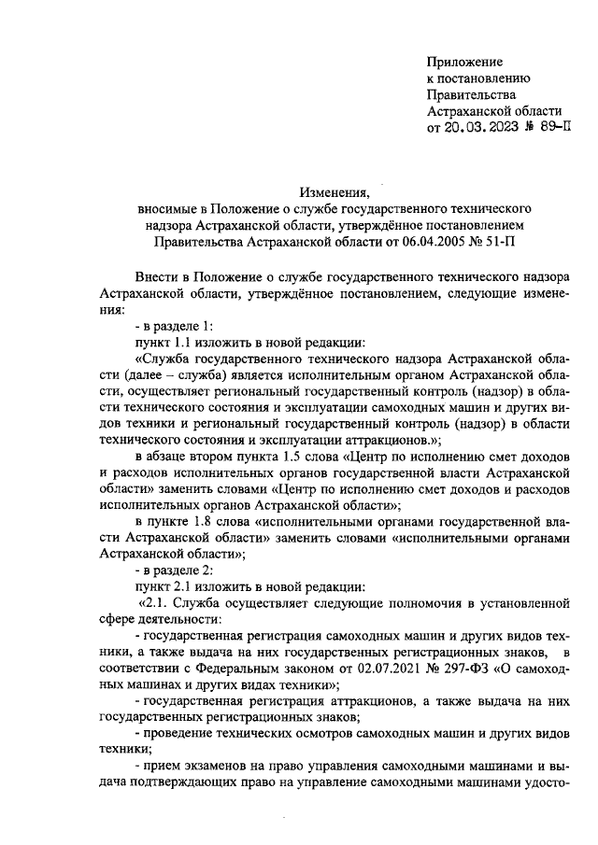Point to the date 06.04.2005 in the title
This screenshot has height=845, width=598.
(433, 242)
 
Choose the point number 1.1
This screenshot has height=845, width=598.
(185, 343)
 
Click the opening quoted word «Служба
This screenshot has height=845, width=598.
(166, 359)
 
